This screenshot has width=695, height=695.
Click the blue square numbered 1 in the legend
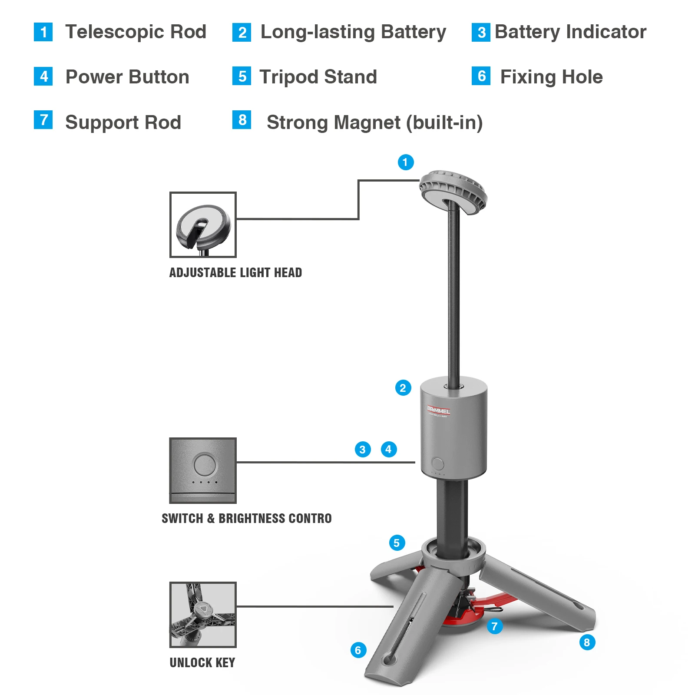(x=43, y=32)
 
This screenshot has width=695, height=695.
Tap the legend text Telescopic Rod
(x=136, y=32)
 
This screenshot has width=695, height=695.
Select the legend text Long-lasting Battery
(x=353, y=32)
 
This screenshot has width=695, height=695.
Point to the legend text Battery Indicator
(x=570, y=32)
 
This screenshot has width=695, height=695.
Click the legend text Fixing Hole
(x=551, y=77)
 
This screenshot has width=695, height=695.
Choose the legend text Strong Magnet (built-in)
(x=374, y=122)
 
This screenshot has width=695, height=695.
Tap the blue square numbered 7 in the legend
(x=43, y=120)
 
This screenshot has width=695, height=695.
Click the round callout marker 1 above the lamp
(x=406, y=162)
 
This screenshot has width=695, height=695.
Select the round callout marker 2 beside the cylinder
(x=403, y=388)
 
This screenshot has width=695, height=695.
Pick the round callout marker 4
(x=389, y=449)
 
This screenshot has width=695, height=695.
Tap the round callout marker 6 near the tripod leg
(x=358, y=650)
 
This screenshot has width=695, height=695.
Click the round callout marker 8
(x=587, y=642)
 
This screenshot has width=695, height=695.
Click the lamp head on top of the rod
(x=453, y=192)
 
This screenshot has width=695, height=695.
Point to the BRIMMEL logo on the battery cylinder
(x=438, y=410)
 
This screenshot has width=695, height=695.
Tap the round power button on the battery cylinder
(x=438, y=463)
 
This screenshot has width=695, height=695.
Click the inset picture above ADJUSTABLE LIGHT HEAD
(x=203, y=225)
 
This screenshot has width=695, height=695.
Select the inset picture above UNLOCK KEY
(x=203, y=615)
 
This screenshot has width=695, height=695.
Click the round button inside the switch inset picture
(x=205, y=464)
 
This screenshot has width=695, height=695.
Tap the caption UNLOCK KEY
(x=202, y=662)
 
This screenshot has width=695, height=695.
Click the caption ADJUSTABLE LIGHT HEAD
(x=235, y=272)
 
